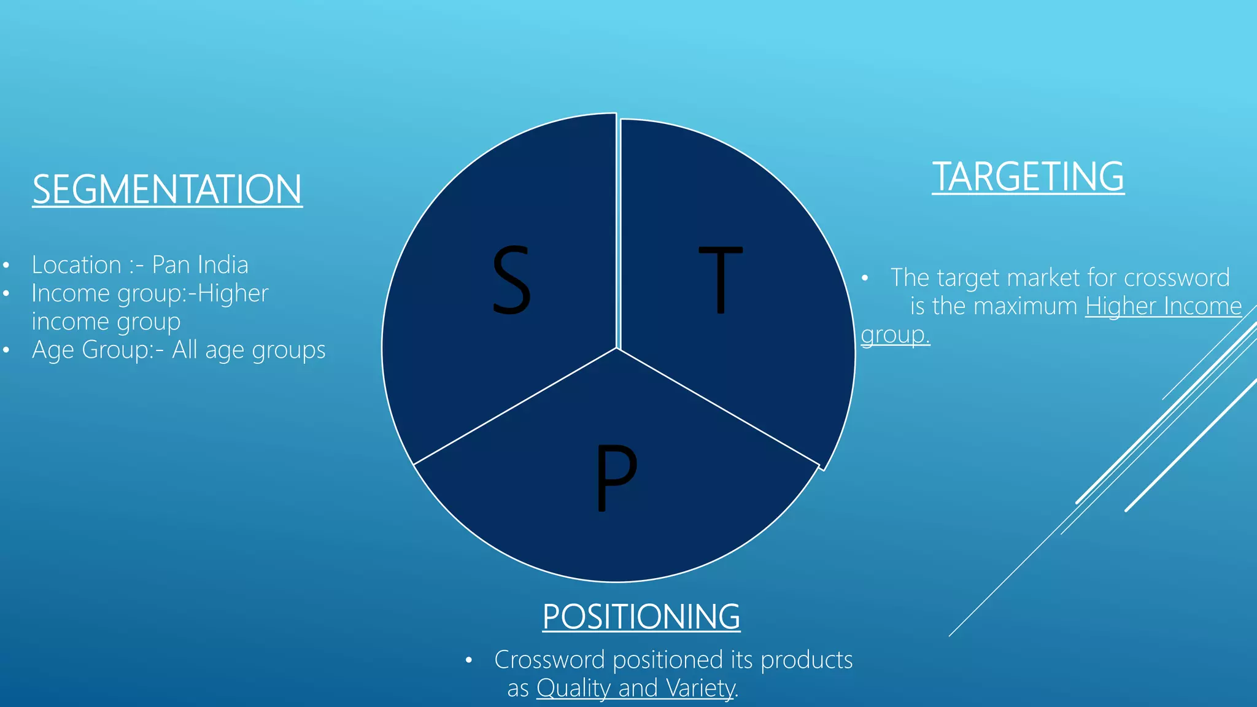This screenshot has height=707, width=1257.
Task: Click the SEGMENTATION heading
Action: click(x=167, y=189)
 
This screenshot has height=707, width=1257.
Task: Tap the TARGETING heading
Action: click(x=1028, y=177)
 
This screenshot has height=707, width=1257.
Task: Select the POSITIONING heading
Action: click(x=641, y=616)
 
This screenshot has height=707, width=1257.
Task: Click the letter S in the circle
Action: click(x=511, y=280)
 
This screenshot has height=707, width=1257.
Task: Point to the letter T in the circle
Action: click(x=721, y=280)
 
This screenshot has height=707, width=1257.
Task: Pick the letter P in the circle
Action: click(x=616, y=477)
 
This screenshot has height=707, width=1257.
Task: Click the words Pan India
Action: click(x=200, y=265)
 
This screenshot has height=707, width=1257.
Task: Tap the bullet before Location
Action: click(x=6, y=266)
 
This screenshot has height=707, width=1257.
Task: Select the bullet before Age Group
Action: click(x=6, y=350)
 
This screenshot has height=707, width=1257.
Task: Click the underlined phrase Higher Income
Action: click(x=1163, y=306)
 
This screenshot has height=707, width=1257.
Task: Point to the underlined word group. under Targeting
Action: click(x=895, y=335)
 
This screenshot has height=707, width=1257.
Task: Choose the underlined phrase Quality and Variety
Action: click(x=635, y=688)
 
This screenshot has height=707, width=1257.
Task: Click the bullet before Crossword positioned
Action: click(x=468, y=661)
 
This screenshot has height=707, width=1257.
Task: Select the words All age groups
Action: click(x=249, y=350)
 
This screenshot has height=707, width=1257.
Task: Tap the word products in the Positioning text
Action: click(x=806, y=660)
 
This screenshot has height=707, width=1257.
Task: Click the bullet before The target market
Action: click(x=865, y=279)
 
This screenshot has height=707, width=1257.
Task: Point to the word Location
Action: click(x=77, y=265)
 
